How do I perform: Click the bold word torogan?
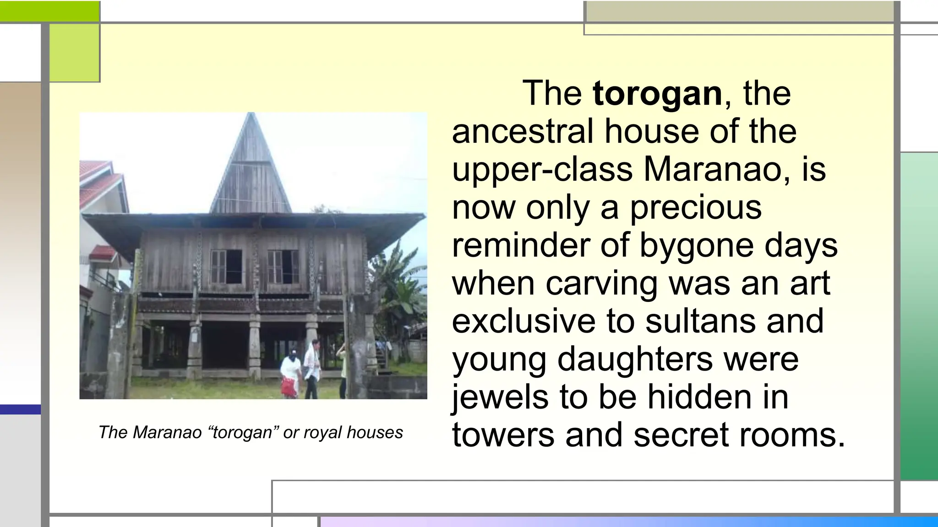click(657, 93)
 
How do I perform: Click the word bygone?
click(696, 245)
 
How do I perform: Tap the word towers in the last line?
click(503, 435)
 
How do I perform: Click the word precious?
click(696, 207)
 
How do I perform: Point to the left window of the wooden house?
click(226, 266)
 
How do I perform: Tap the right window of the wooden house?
click(283, 266)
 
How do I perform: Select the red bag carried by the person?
click(289, 387)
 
